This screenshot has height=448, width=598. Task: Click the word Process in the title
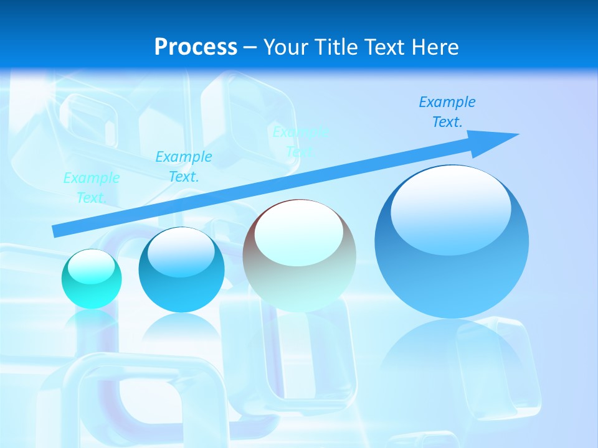(x=196, y=47)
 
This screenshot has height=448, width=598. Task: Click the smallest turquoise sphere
(x=92, y=279)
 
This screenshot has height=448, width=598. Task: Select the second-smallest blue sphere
(x=181, y=270)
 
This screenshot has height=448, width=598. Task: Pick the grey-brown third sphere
(x=300, y=256)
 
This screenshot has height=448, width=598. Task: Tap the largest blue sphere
(x=452, y=241)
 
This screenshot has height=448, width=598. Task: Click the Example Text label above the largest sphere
(x=447, y=112)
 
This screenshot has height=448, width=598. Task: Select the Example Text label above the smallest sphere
(x=92, y=188)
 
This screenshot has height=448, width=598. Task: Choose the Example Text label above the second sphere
(x=184, y=167)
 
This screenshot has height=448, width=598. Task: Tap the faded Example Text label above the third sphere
(x=300, y=141)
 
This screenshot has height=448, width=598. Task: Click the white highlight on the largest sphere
(x=451, y=208)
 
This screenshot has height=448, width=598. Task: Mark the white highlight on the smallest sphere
(x=92, y=267)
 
